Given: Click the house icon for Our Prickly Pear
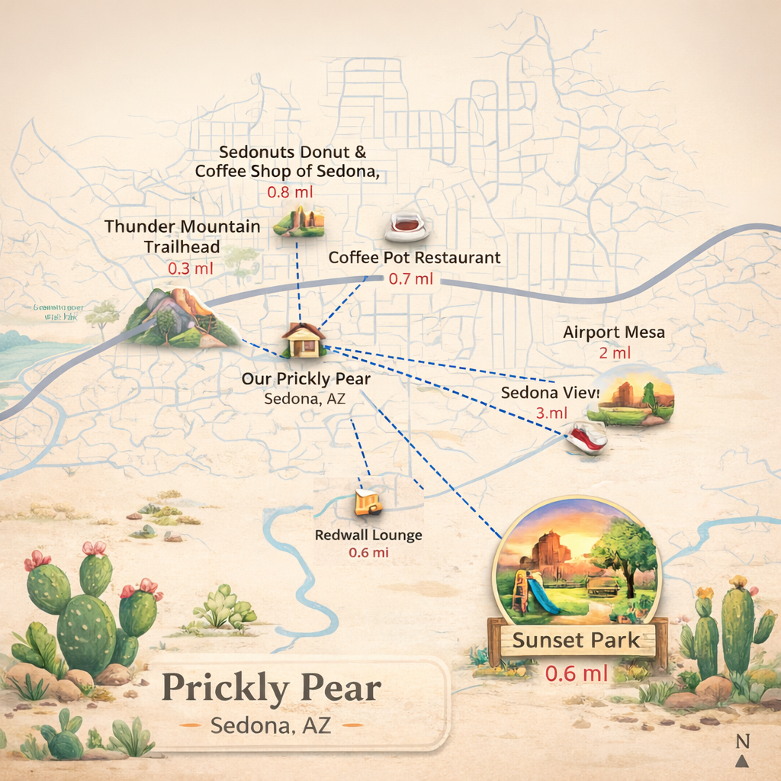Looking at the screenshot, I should click(304, 340).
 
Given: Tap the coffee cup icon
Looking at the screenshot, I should click(407, 225).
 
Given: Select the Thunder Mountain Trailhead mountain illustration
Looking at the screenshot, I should click(182, 319).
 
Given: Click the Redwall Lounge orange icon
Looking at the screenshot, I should click(368, 503).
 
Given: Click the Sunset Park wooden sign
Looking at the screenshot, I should click(577, 639).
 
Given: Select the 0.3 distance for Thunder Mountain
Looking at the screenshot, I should click(190, 268).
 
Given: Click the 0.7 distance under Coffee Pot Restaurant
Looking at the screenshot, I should click(410, 278).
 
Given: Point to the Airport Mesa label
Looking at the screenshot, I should click(613, 333).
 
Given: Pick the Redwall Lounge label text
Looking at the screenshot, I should click(368, 535).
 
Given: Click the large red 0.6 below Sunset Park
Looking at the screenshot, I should click(577, 673).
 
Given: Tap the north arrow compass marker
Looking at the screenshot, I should click(742, 751).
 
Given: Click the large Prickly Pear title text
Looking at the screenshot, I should click(271, 689).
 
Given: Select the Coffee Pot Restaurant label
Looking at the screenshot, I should click(414, 258).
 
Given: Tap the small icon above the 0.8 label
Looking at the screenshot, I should click(299, 221).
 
